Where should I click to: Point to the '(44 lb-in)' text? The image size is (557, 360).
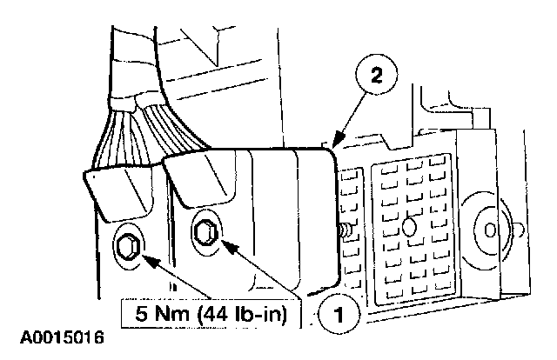click(238, 310)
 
